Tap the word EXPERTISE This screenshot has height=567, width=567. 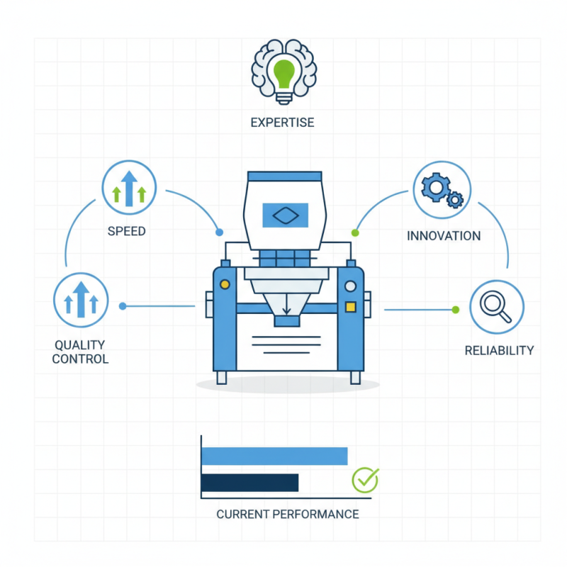coord(282,123)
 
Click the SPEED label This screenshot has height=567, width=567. coord(127,232)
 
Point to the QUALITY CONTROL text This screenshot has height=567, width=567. coord(81,352)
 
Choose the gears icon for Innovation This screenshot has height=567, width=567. coord(442,189)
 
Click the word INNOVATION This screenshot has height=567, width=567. coord(444,236)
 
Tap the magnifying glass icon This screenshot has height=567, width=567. coord(496,307)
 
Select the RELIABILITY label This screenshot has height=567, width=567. coord(499,350)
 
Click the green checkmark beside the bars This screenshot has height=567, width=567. coord(365,480)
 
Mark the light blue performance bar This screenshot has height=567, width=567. coord(274,456)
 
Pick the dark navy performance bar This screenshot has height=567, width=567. coord(249,483)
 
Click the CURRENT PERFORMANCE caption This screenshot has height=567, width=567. coord(287,514)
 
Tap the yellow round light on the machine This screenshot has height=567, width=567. coord(225,284)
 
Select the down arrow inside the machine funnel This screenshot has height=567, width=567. coord(286,307)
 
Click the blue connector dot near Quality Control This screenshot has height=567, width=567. coord(123,306)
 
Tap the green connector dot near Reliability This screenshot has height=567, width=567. coord(456,309)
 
